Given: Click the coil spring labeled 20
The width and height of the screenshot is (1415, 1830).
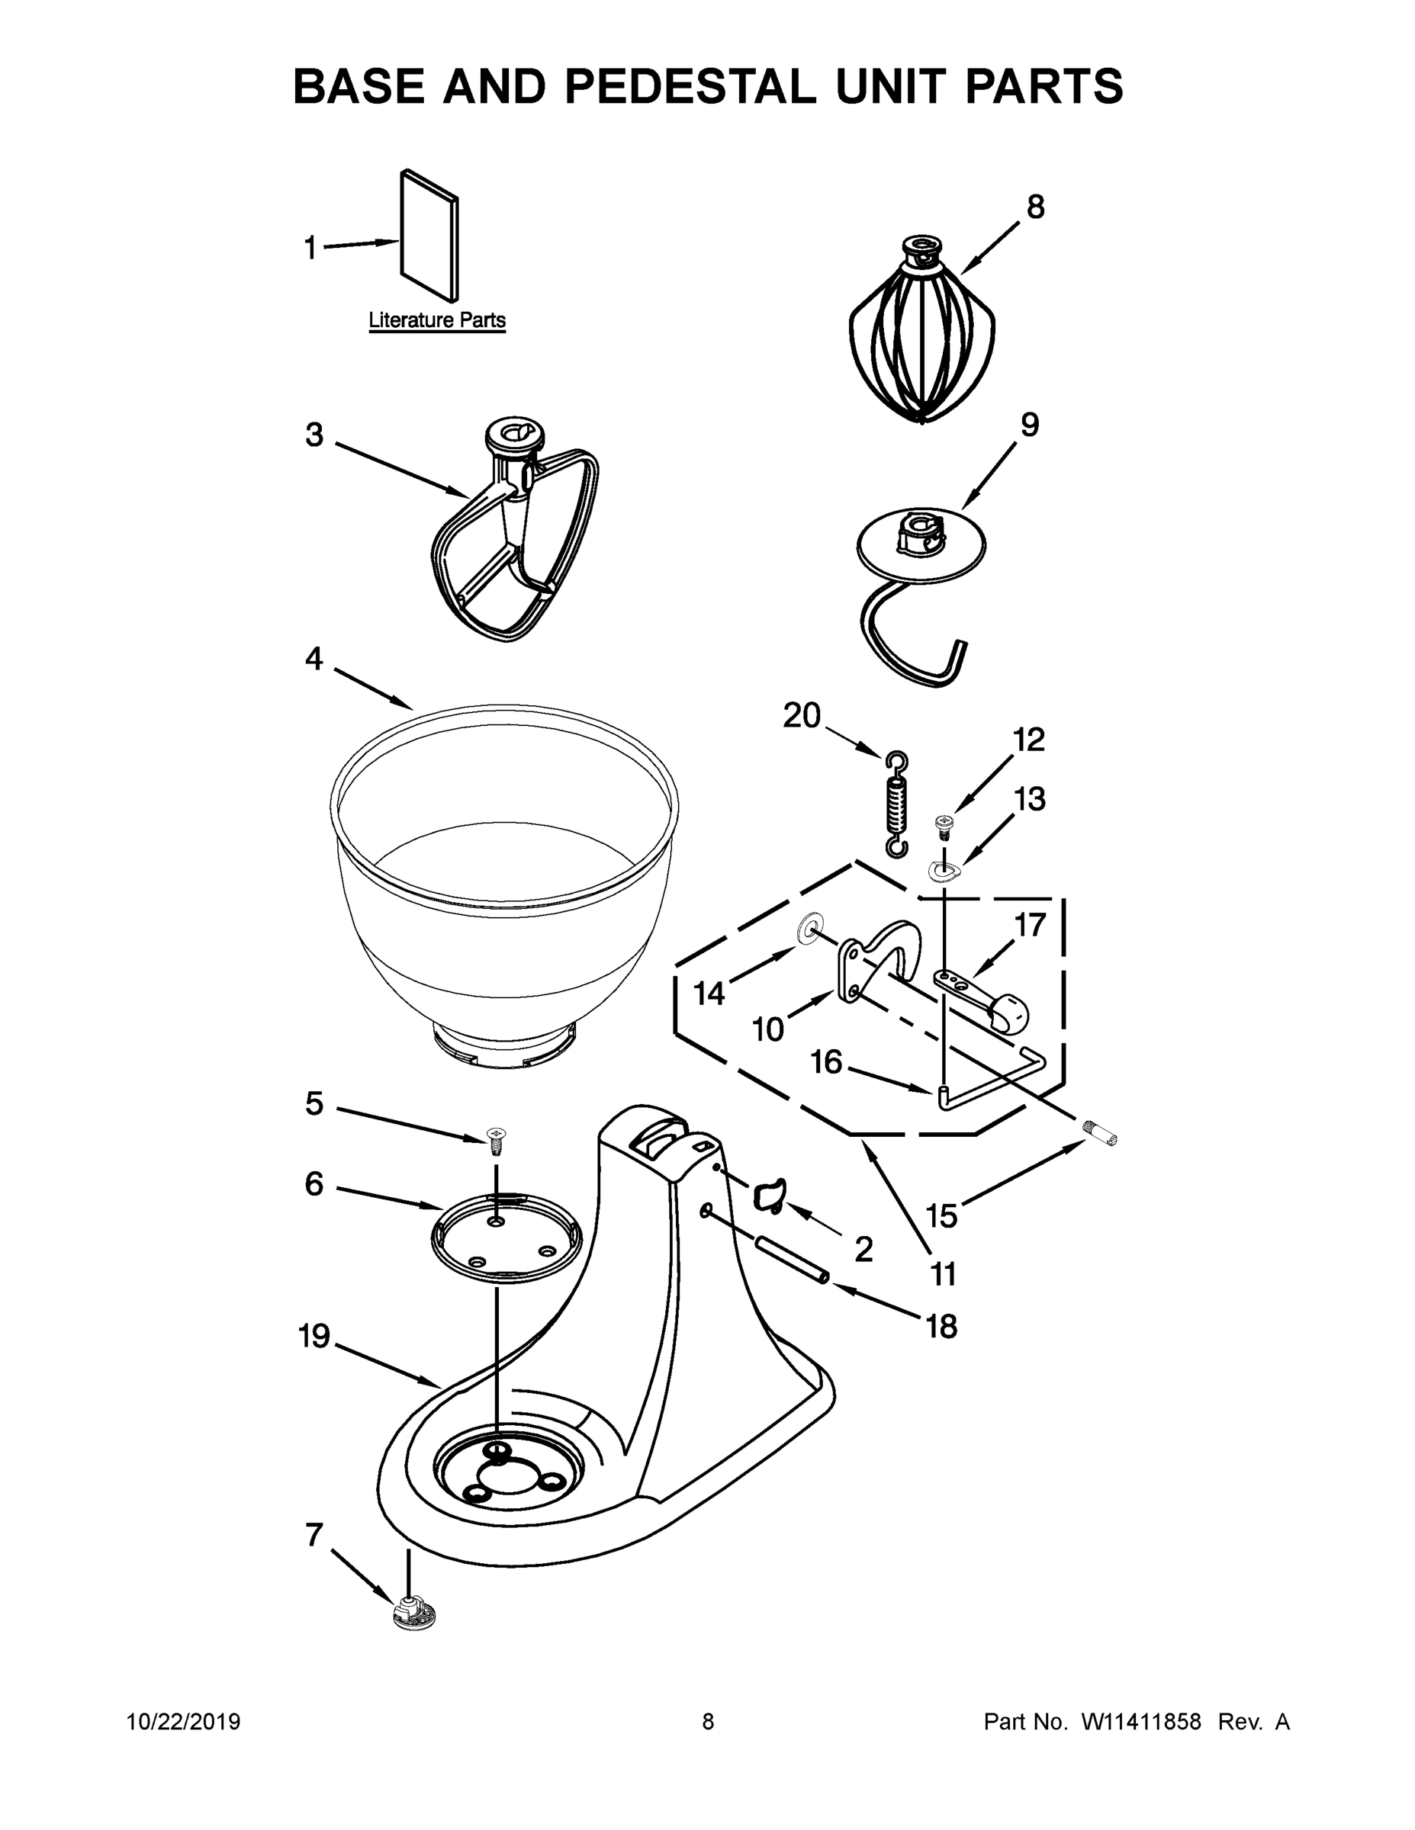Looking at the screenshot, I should [x=896, y=805].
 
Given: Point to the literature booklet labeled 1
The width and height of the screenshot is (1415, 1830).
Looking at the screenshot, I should [x=429, y=235].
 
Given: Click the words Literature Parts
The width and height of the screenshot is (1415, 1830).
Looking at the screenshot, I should [x=437, y=320].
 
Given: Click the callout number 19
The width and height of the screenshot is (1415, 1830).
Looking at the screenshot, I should [x=315, y=1337].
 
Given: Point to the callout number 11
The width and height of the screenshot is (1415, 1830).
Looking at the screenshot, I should [x=943, y=1274].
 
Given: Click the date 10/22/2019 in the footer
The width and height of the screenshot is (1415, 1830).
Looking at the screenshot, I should [x=184, y=1721].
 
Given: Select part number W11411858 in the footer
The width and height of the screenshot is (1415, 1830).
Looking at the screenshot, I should [x=1141, y=1721].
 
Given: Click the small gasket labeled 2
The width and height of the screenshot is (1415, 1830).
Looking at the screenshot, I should [x=770, y=1194].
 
